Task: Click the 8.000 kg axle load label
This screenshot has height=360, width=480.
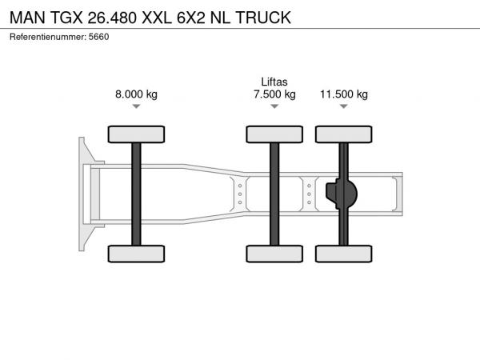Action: [x=136, y=94]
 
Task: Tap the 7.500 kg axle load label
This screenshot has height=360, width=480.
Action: [x=274, y=94]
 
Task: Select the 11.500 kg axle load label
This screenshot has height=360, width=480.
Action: [x=344, y=94]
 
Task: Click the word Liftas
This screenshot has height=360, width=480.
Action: [x=274, y=82]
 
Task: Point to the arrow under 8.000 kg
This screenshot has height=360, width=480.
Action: [x=136, y=106]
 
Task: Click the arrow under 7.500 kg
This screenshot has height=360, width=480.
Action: [x=274, y=106]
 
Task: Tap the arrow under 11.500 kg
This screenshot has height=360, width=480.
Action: [x=344, y=106]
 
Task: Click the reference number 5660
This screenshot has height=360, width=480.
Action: [x=99, y=37]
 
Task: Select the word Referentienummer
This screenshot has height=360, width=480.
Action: [x=48, y=37]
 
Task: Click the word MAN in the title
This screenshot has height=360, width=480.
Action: [x=27, y=18]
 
